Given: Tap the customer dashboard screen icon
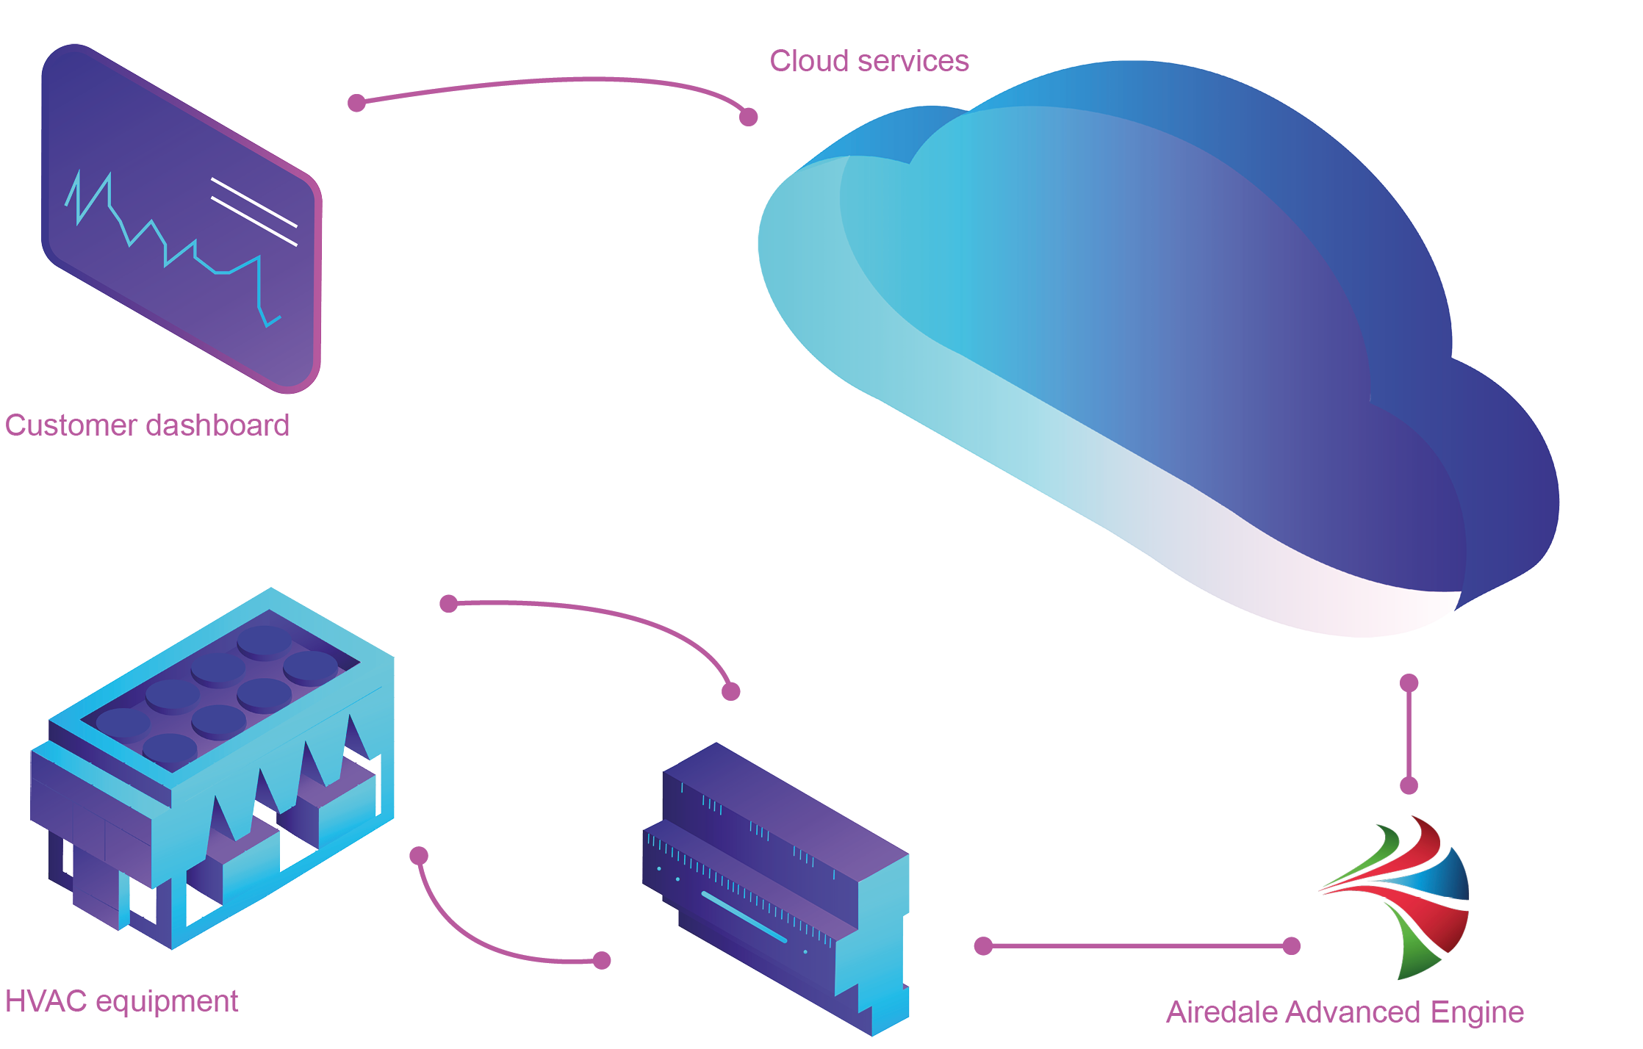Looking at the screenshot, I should pyautogui.click(x=180, y=220).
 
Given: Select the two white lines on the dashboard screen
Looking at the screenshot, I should pyautogui.click(x=254, y=212).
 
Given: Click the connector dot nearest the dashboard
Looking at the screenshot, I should pyautogui.click(x=356, y=103).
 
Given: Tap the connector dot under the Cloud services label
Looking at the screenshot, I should pyautogui.click(x=748, y=116).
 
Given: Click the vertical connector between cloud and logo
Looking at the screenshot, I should pyautogui.click(x=1409, y=735).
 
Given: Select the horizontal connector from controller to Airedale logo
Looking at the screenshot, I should pyautogui.click(x=1137, y=946).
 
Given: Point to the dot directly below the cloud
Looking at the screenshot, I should pyautogui.click(x=1409, y=683).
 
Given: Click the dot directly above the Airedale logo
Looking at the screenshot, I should pyautogui.click(x=1409, y=785).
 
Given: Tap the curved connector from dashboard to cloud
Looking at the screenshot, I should pyautogui.click(x=551, y=82).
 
